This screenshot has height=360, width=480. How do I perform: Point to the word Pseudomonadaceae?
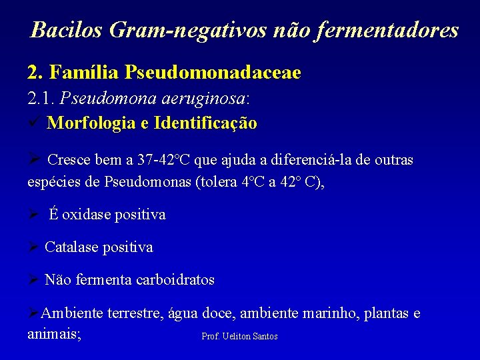213,72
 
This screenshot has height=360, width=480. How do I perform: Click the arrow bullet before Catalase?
33,247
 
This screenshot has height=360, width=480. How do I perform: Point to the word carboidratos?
175,280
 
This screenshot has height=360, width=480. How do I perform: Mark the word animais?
53,333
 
